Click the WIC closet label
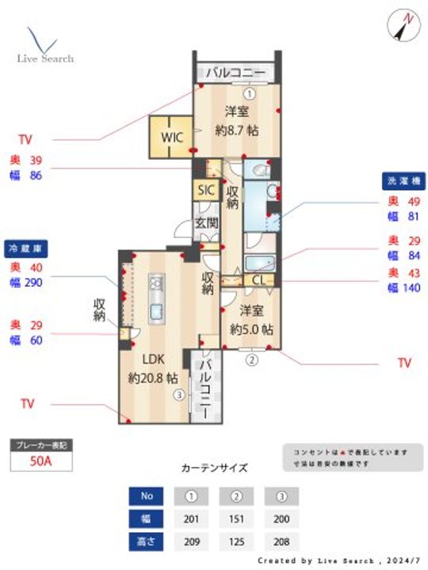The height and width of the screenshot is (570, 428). [173, 137]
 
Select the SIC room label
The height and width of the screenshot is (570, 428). [206, 190]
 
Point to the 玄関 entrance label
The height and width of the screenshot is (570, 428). [207, 223]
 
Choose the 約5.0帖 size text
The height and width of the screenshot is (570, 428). [251, 328]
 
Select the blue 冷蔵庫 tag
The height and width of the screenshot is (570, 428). [27, 248]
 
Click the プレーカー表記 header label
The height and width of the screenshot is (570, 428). [40, 446]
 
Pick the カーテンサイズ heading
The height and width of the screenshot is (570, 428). [214, 468]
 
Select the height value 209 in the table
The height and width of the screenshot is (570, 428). [191, 542]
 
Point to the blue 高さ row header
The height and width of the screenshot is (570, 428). [145, 542]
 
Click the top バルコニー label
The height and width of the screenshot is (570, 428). [235, 72]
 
